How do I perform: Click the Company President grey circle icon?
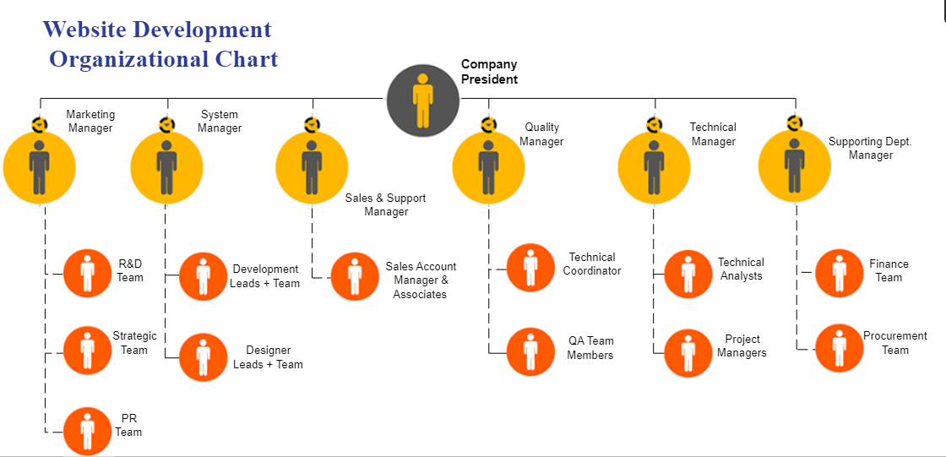pyautogui.click(x=423, y=101)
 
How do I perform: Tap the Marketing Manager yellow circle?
pyautogui.click(x=40, y=167)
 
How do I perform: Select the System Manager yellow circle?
pyautogui.click(x=166, y=167)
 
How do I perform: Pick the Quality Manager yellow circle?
pyautogui.click(x=488, y=167)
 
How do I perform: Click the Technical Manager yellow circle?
pyautogui.click(x=654, y=167)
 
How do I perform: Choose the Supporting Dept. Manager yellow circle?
pyautogui.click(x=794, y=167)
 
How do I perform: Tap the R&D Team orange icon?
pyautogui.click(x=88, y=273)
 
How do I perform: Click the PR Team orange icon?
pyautogui.click(x=88, y=431)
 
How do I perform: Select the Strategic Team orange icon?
pyautogui.click(x=88, y=350)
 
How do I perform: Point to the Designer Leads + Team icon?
pyautogui.click(x=204, y=357)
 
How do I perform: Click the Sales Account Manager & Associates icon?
pyautogui.click(x=355, y=276)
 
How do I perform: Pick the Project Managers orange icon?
pyautogui.click(x=688, y=353)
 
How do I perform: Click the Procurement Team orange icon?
pyautogui.click(x=840, y=347)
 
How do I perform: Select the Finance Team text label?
pyautogui.click(x=889, y=270)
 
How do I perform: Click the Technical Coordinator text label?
pyautogui.click(x=592, y=264)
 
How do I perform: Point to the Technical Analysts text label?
pyautogui.click(x=741, y=269)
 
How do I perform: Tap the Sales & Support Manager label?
pyautogui.click(x=386, y=204)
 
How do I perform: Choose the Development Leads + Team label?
pyautogui.click(x=265, y=276)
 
